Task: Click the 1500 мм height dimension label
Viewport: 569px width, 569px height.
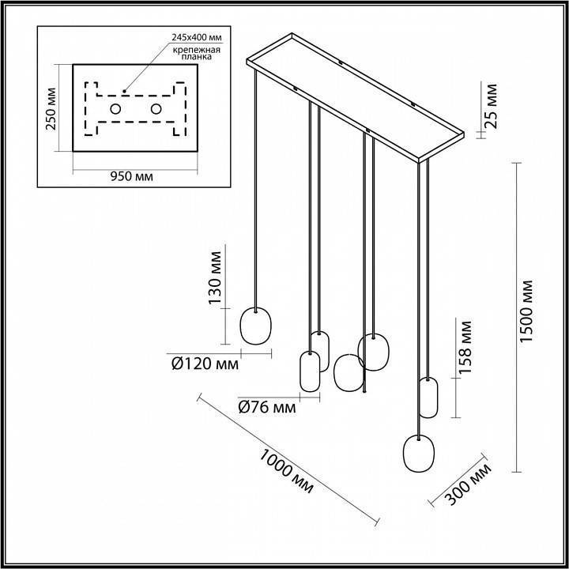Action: click(529, 316)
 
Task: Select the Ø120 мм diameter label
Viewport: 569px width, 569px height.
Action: click(205, 364)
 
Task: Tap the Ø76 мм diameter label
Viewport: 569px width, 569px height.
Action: click(267, 408)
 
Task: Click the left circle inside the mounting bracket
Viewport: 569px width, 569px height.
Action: click(115, 109)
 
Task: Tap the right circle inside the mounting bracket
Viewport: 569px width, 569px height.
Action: click(156, 109)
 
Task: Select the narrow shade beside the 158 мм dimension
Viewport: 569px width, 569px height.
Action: click(428, 398)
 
